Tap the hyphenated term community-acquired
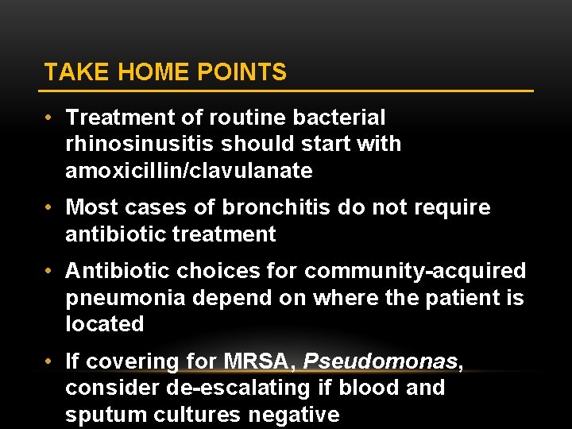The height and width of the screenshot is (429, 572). coord(415,272)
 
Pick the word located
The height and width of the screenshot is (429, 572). coord(105,324)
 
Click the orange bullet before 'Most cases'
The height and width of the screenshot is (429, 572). coord(49,208)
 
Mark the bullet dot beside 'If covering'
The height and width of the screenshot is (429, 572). coord(49,361)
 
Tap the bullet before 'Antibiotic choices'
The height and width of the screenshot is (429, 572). coord(49,272)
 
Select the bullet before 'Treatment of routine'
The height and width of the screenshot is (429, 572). coord(49,118)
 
